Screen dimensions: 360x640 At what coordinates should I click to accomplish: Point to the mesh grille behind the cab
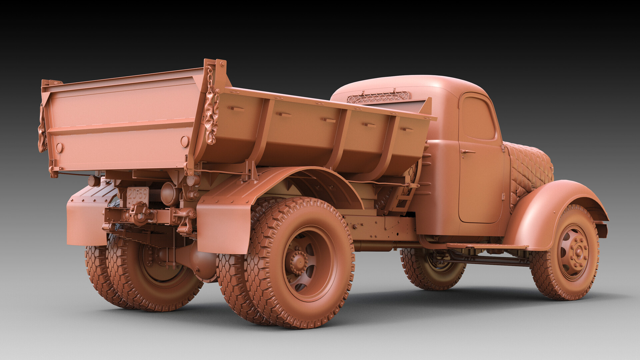[x=378, y=97]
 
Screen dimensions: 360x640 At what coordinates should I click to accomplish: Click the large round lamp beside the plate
[x=169, y=194]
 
